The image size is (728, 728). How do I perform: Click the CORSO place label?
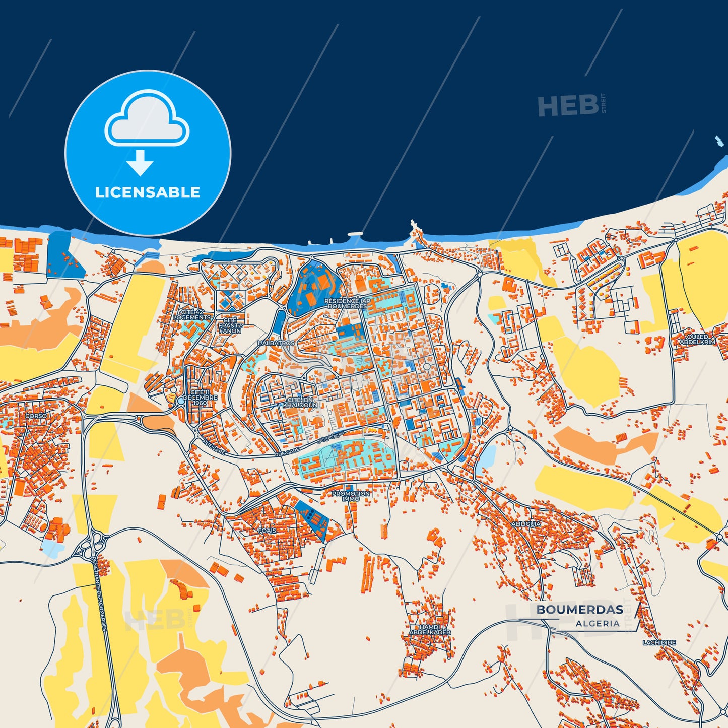tap(36, 416)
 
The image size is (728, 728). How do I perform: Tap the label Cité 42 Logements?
tap(192, 315)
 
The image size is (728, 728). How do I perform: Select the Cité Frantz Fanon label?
tap(230, 325)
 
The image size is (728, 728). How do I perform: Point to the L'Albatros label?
tap(276, 343)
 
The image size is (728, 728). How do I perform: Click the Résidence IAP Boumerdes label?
tap(347, 303)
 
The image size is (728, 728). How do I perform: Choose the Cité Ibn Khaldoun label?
tap(300, 402)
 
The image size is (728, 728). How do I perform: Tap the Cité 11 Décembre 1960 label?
tap(200, 398)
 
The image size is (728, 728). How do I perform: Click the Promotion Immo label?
tap(351, 496)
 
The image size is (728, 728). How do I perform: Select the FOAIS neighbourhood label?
tap(267, 531)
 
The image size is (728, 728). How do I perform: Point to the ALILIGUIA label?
tap(526, 524)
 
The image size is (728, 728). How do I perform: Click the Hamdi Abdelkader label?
tap(430, 629)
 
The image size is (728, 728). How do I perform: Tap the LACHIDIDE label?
tap(659, 643)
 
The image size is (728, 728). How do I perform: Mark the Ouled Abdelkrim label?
tap(697, 339)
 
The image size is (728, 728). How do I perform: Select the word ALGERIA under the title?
tap(598, 623)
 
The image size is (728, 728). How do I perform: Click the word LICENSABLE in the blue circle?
tap(148, 192)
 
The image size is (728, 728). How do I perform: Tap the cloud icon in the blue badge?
tap(147, 119)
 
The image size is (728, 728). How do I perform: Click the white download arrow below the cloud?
tap(140, 162)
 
